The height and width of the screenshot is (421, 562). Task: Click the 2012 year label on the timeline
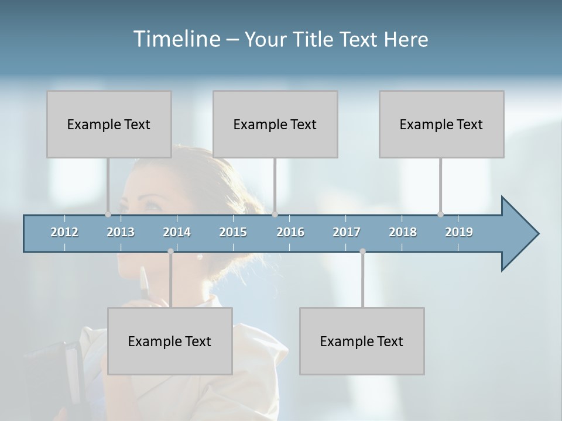(x=64, y=232)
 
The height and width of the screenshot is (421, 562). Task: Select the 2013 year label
(x=121, y=232)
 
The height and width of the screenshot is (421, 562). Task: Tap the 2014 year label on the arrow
(x=177, y=232)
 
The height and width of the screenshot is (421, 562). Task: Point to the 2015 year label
(x=233, y=232)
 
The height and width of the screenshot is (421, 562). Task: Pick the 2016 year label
(x=290, y=232)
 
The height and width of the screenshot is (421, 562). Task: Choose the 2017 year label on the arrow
(x=347, y=232)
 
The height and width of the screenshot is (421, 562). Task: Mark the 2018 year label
(x=403, y=232)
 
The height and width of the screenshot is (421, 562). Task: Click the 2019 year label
(x=459, y=232)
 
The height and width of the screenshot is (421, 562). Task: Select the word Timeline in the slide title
(x=176, y=39)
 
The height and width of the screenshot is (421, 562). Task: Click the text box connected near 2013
(x=109, y=124)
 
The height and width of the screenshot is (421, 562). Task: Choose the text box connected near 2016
(x=275, y=124)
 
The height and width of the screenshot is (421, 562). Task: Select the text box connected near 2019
(x=441, y=124)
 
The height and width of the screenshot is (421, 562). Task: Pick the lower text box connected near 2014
(x=170, y=341)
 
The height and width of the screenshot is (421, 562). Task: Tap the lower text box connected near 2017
(x=362, y=341)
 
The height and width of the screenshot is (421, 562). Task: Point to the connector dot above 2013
(x=108, y=214)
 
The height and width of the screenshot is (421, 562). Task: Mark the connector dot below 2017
(x=362, y=251)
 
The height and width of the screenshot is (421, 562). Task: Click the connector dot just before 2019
(x=440, y=214)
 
